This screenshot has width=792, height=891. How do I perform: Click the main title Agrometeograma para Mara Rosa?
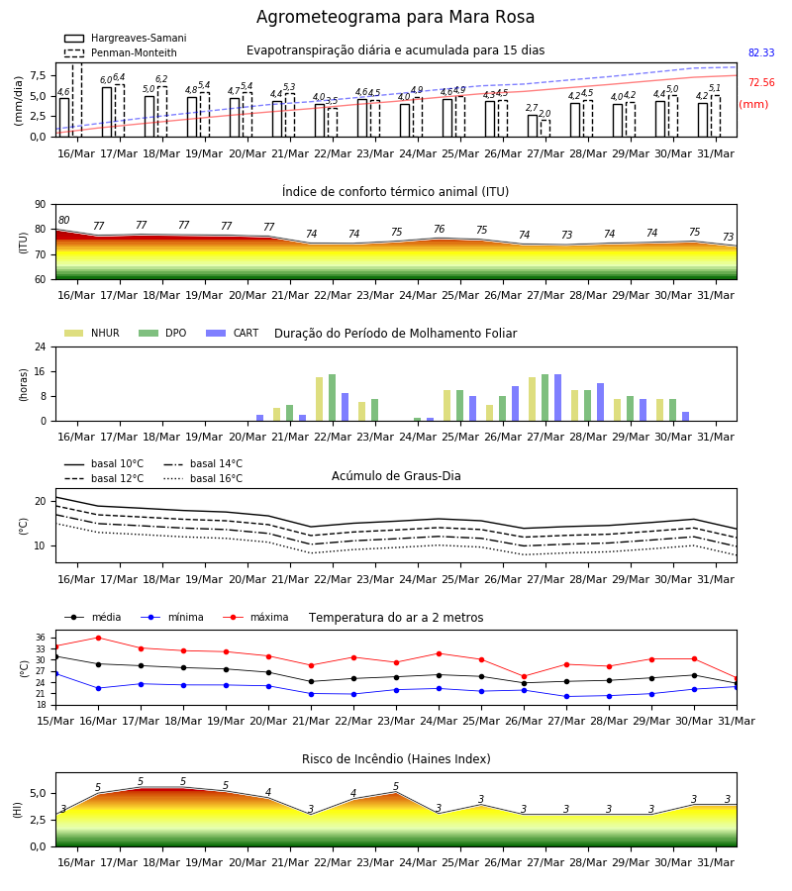(x=395, y=17)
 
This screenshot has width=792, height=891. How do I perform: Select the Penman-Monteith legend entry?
(x=121, y=52)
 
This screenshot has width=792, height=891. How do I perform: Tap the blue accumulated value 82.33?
(x=761, y=52)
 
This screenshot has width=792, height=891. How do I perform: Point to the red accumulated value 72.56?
(x=761, y=82)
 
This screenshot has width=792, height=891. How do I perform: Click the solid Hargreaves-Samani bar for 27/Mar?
(x=533, y=126)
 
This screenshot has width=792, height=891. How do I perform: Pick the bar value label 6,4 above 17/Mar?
(x=119, y=77)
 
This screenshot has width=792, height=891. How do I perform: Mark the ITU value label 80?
(x=63, y=221)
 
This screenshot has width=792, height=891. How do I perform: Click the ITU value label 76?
(x=440, y=229)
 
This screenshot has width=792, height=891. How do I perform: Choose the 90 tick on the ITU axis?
(x=41, y=205)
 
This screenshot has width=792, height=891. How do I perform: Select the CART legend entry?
(x=233, y=333)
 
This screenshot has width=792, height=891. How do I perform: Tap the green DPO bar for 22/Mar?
(x=333, y=398)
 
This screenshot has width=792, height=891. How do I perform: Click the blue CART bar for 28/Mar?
(x=601, y=402)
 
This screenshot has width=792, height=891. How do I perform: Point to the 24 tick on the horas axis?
(x=41, y=346)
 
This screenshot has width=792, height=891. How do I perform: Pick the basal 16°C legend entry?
(x=203, y=478)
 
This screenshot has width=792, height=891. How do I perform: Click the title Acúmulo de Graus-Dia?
(x=396, y=476)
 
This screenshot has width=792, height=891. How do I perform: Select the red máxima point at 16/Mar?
(x=98, y=638)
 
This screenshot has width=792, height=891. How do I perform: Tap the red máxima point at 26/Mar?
(x=524, y=677)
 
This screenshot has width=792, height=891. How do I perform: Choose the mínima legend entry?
(x=172, y=617)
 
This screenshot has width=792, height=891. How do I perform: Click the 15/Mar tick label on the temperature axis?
(x=55, y=721)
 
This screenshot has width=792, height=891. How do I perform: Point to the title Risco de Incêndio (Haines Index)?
(x=396, y=759)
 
